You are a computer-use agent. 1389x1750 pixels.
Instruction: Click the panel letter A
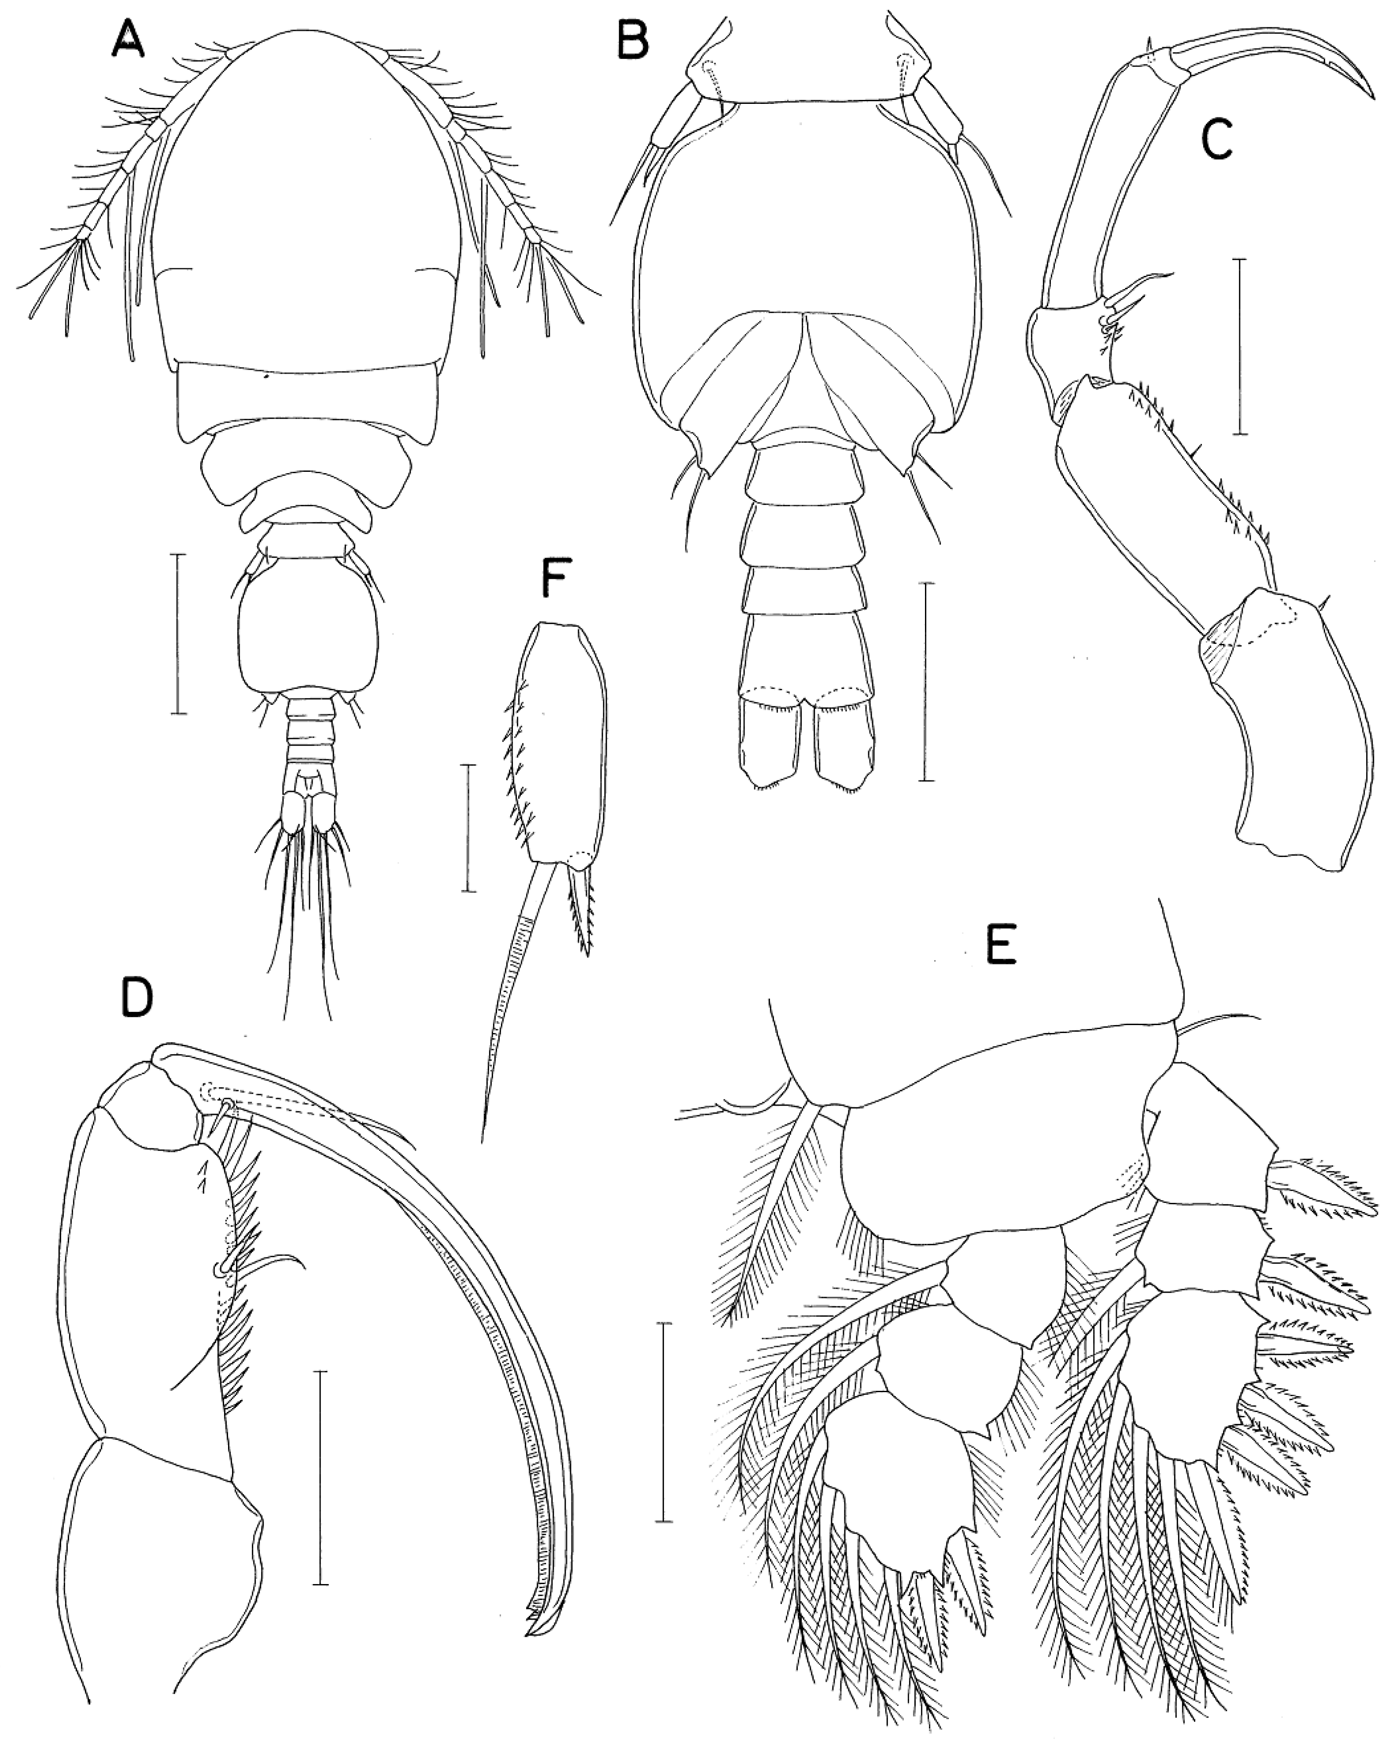[x=128, y=38]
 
